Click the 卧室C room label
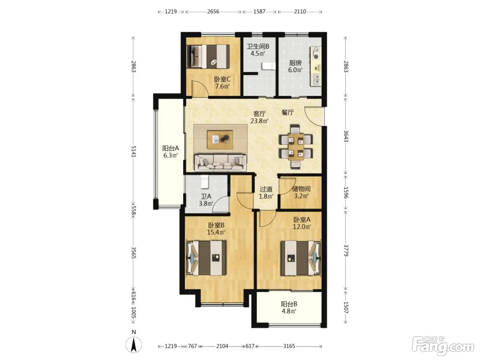coord(222,79)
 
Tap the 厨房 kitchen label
coord(295,63)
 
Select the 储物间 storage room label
coord(301,189)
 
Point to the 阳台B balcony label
coord(289,304)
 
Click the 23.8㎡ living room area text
coord(259,121)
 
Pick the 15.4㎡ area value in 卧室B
coord(216,232)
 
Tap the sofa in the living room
coord(220,163)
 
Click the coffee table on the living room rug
coord(220,140)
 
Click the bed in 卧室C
coord(208,56)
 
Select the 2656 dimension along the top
coord(213,12)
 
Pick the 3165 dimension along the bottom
coord(289,346)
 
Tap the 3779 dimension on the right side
coord(346,250)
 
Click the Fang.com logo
coord(443,346)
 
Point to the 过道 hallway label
coord(266,189)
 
